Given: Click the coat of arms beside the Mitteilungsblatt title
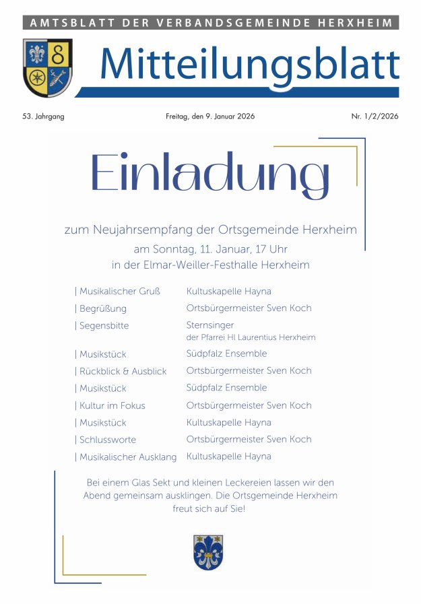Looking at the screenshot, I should (47, 68).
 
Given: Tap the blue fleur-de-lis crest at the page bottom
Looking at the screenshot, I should (207, 552).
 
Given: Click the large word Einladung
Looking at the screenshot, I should (209, 174).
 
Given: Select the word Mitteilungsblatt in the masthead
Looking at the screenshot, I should (249, 65).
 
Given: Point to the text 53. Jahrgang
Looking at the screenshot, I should (43, 116).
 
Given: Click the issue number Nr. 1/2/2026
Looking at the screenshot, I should (375, 116).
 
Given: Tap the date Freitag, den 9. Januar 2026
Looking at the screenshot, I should (210, 116).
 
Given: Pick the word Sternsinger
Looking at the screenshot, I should (209, 325).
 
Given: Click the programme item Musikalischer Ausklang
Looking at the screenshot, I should (126, 457).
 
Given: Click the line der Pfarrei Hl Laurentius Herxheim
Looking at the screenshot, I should (251, 337).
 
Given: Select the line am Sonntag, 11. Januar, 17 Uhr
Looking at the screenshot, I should (210, 248).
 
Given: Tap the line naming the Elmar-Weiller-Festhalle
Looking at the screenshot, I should (210, 265).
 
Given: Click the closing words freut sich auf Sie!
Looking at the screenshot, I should (209, 509).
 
